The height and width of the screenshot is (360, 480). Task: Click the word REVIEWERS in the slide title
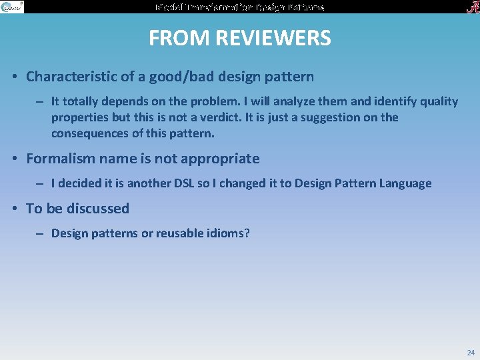click(279, 39)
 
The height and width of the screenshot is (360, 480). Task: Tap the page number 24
click(471, 352)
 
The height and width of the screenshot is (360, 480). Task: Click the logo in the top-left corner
click(12, 7)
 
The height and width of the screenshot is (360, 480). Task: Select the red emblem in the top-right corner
click(470, 7)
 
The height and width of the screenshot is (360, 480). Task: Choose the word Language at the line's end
click(406, 183)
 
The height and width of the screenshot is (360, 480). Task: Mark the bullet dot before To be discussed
click(15, 209)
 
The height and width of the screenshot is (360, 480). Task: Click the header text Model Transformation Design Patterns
click(239, 7)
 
